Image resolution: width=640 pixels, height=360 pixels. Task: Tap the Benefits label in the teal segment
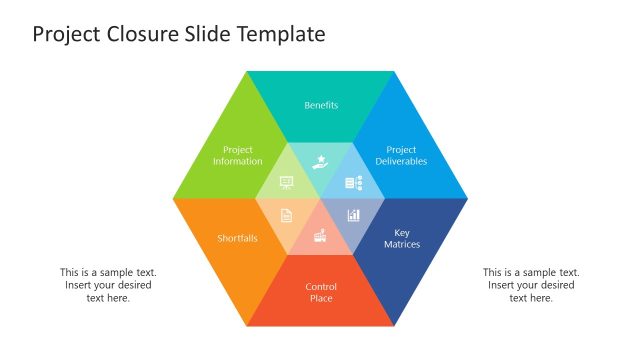point(321,105)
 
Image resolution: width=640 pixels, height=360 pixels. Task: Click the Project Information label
point(238,156)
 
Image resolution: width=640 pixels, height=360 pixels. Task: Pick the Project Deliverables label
point(401,156)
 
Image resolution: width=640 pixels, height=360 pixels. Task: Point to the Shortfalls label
point(238,238)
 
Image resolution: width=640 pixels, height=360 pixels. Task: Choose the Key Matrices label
point(401,238)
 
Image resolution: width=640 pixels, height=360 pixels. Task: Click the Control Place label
point(321,293)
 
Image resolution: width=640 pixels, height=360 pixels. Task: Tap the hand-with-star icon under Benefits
point(320,161)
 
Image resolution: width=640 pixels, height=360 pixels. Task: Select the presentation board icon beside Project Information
point(287,183)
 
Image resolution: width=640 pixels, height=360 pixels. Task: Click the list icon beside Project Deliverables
point(353,183)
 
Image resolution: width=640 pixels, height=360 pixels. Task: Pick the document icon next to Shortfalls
point(287,215)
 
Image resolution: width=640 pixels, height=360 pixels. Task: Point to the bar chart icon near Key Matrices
point(353,215)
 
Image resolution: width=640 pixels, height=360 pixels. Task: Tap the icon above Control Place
point(320,236)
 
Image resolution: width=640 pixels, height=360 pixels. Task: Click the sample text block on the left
point(108,285)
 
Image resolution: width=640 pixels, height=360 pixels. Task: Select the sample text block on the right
point(531,285)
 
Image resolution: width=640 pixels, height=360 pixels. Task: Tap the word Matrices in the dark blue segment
point(401,244)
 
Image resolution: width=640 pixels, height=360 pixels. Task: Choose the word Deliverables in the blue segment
point(401,162)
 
